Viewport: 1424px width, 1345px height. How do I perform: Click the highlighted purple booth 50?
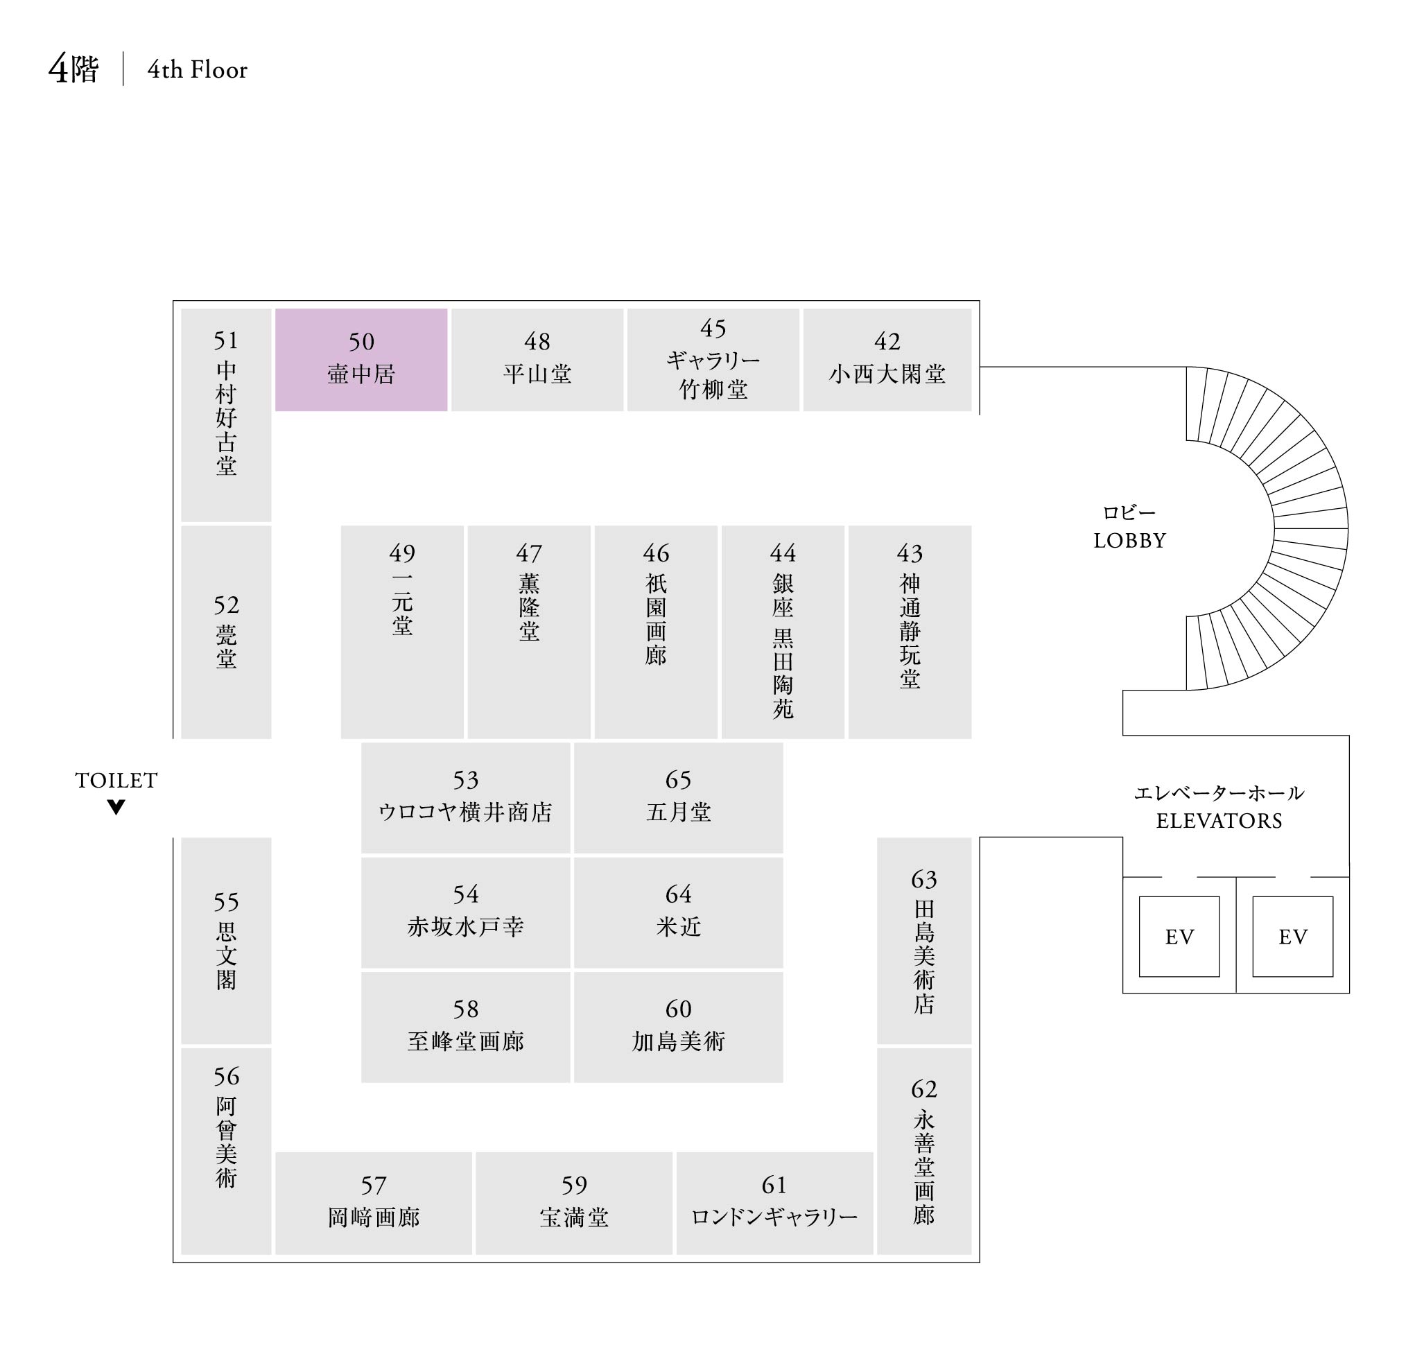[x=361, y=359]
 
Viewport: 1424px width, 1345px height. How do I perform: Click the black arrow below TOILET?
[x=116, y=806]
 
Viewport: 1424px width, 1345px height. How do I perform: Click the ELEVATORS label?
[x=1218, y=820]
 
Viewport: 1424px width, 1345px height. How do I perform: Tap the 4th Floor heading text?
[x=197, y=69]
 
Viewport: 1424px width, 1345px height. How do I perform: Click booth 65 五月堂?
[x=677, y=797]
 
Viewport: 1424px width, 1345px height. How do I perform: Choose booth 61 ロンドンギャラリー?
[x=774, y=1202]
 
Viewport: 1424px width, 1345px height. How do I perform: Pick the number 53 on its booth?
[x=465, y=779]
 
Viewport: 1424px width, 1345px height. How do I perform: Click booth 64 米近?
[x=677, y=912]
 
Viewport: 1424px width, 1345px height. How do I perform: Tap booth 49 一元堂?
[x=401, y=631]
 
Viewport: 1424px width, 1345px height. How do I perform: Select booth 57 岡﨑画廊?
[x=373, y=1202]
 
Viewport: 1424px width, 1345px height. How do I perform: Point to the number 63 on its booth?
[x=923, y=879]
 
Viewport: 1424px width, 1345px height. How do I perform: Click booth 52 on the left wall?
[x=226, y=631]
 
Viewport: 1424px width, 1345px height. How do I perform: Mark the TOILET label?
[x=116, y=780]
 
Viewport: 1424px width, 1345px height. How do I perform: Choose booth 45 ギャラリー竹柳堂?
[x=713, y=359]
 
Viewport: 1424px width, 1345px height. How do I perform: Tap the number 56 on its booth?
[x=226, y=1076]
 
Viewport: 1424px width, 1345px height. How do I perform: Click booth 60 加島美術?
[x=677, y=1027]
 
